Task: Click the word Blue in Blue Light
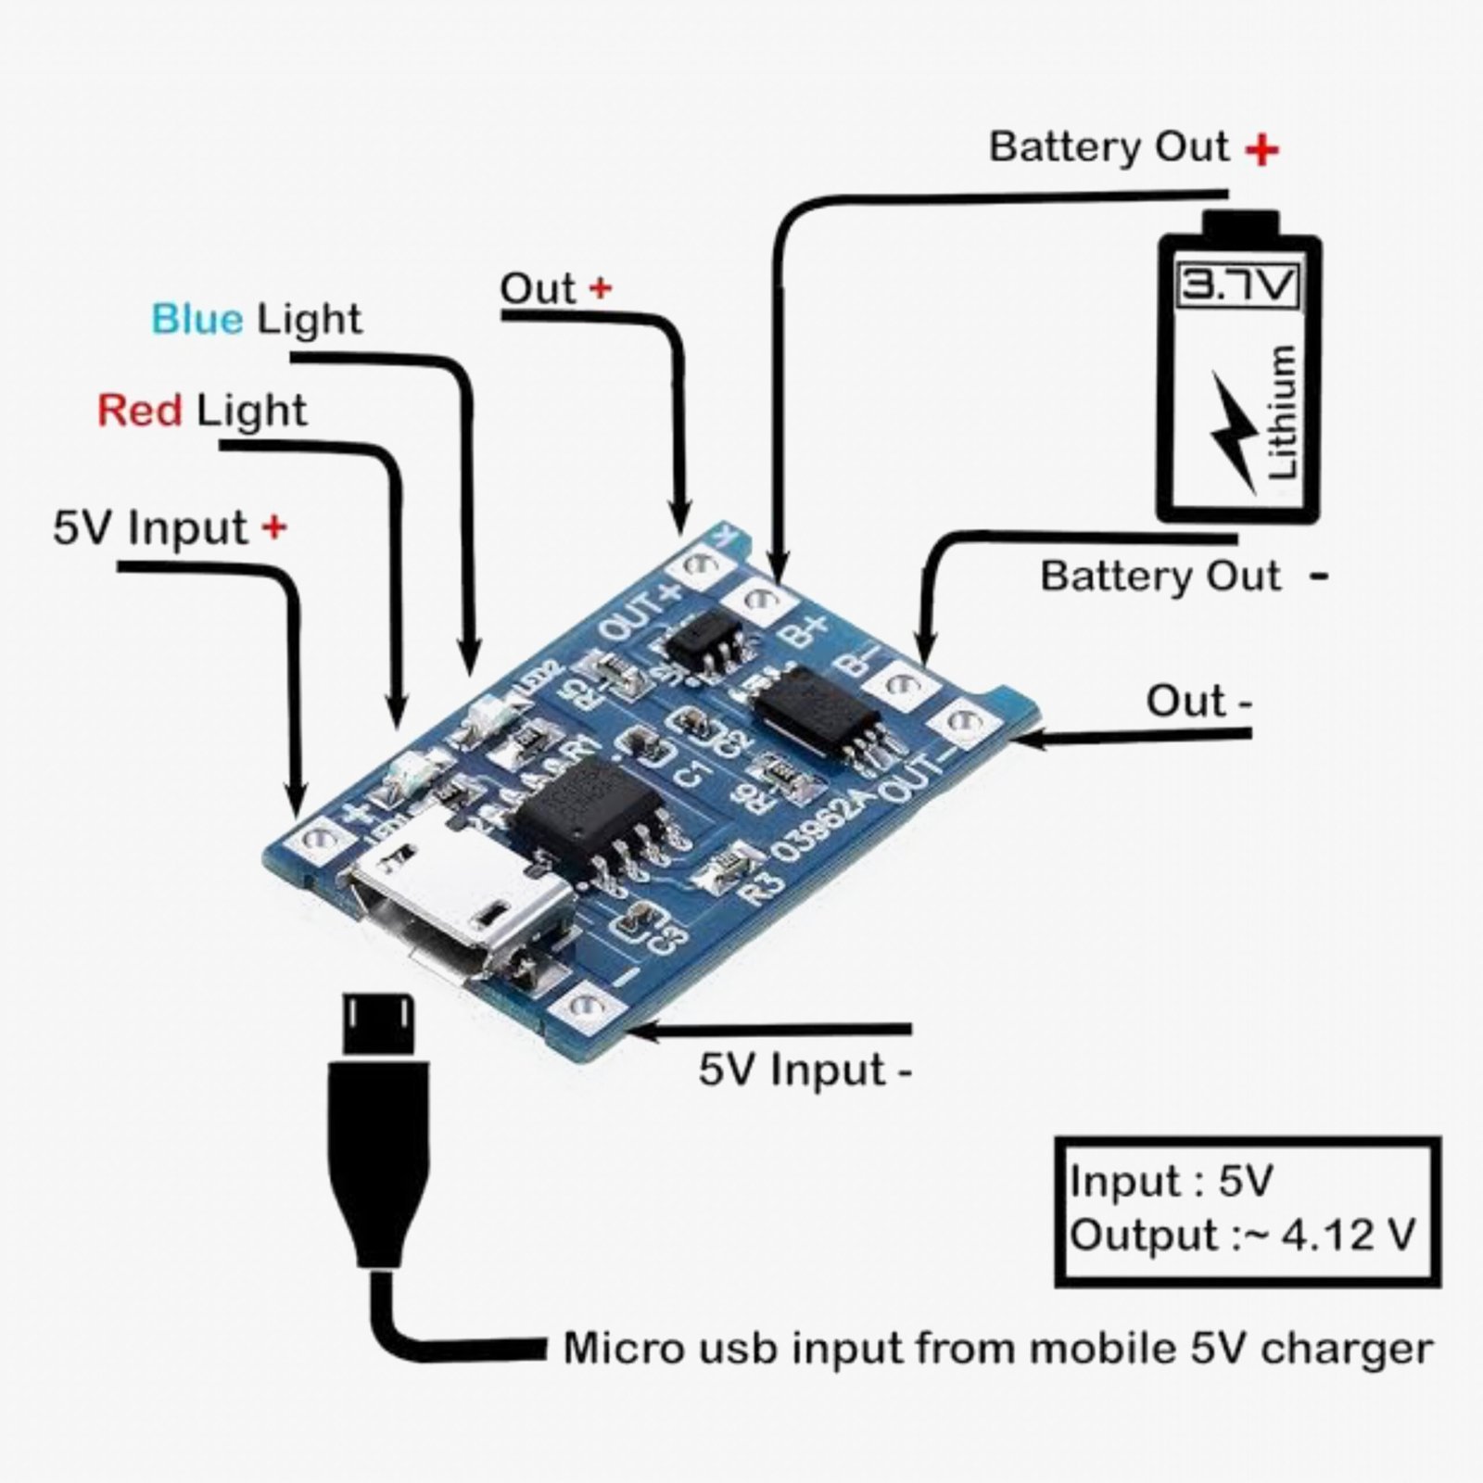click(196, 319)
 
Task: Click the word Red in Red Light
click(139, 410)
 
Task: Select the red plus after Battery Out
click(1261, 150)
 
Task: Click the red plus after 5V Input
click(273, 527)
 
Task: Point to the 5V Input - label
click(805, 1070)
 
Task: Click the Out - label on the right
click(1198, 702)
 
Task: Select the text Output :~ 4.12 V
click(1242, 1236)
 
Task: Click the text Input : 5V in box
click(1170, 1182)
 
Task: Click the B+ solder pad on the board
click(762, 598)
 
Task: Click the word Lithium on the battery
click(1281, 412)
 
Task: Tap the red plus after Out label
click(601, 288)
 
